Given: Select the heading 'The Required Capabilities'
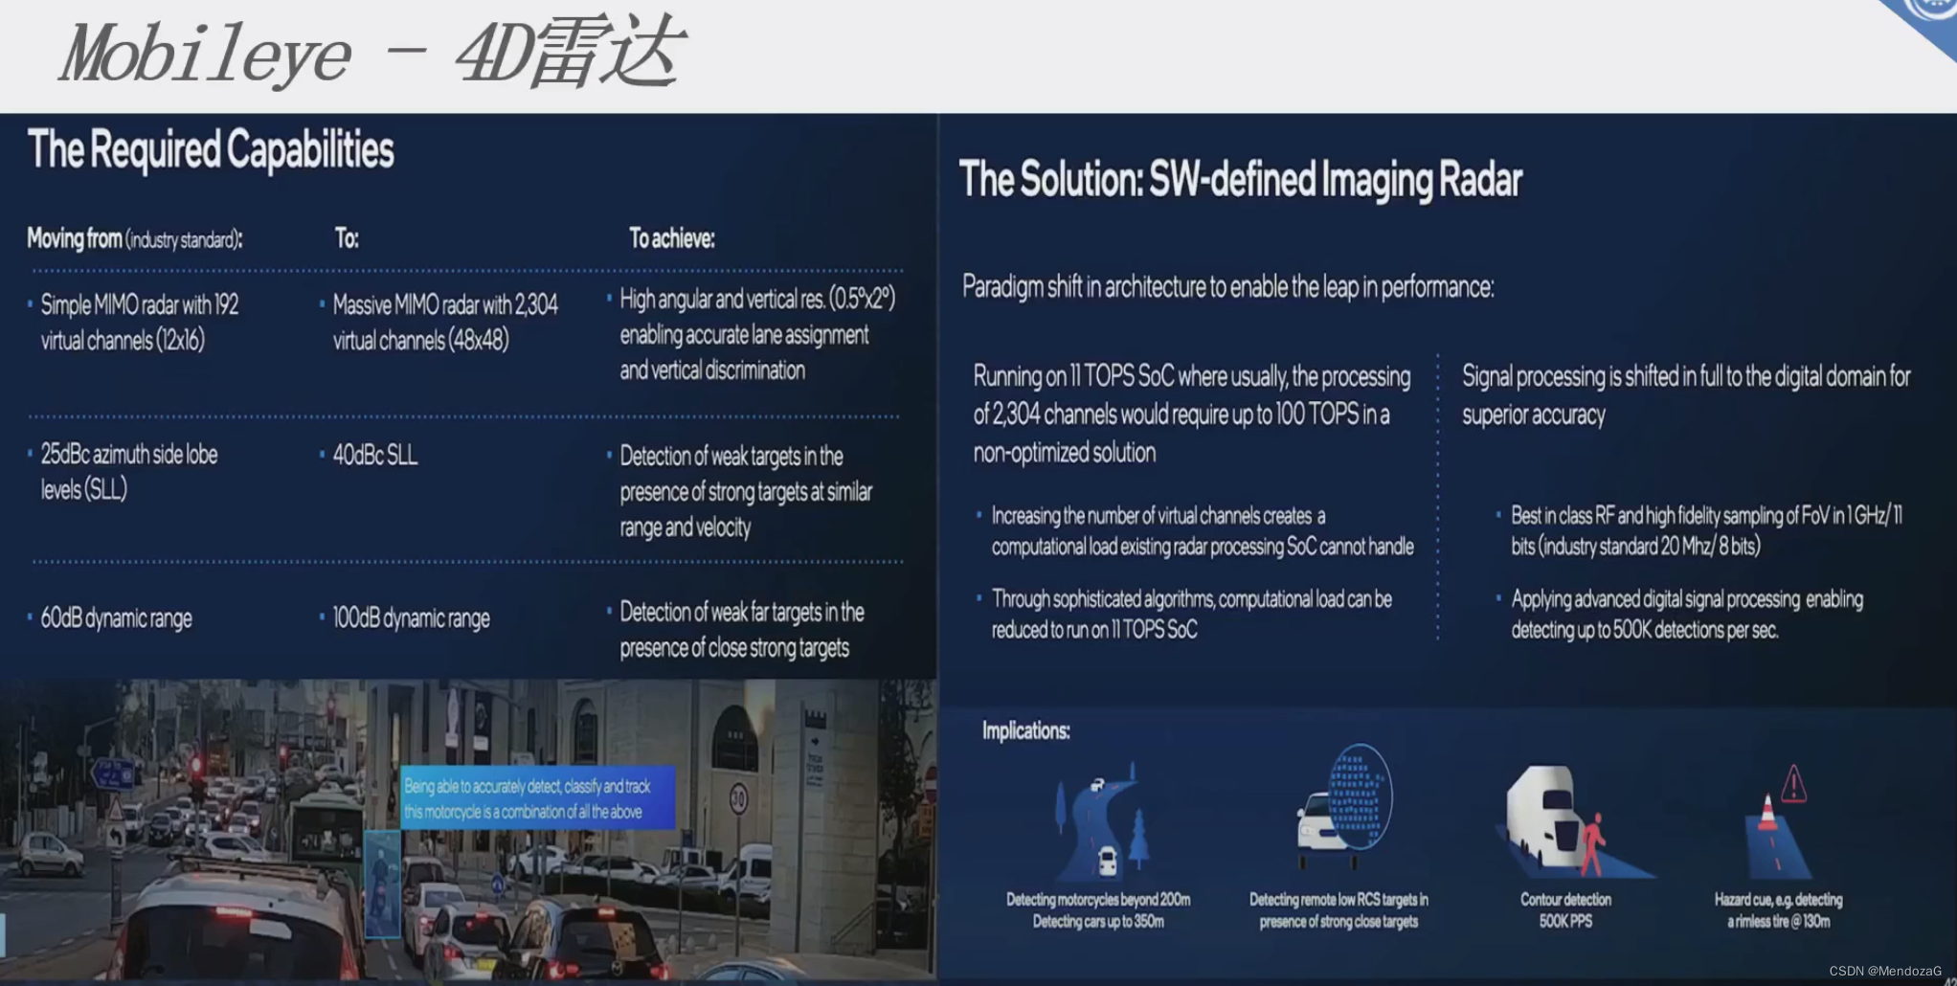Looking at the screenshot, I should [x=211, y=150].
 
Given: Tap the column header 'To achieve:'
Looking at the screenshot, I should [x=671, y=238].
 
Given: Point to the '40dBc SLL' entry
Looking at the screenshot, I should [x=374, y=456].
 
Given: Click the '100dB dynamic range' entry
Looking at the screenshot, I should [x=411, y=618].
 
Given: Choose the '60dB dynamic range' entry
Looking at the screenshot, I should [x=116, y=618].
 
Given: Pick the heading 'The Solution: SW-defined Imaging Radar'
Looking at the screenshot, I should [x=1240, y=180].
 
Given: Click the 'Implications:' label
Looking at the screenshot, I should [x=1025, y=731].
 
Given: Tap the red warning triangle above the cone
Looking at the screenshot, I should [x=1792, y=784].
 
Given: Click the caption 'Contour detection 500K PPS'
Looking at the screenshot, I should [x=1565, y=910].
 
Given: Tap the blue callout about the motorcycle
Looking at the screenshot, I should [x=536, y=798].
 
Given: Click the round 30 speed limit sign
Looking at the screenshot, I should [x=738, y=798].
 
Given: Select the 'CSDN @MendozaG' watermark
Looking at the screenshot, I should [x=1884, y=971].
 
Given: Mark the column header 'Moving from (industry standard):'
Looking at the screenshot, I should [x=134, y=238].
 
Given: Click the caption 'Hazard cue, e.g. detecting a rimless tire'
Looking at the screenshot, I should [x=1778, y=910].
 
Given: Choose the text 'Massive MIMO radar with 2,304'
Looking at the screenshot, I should [x=445, y=305].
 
